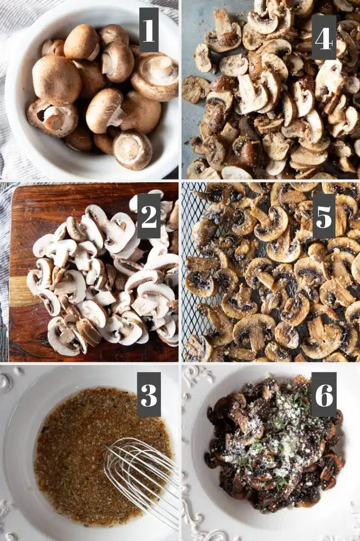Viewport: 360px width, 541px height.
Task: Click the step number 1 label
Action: click(149, 30)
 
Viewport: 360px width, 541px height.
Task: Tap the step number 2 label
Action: click(149, 216)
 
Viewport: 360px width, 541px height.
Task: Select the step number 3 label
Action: click(149, 394)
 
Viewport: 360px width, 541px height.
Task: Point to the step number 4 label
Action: click(324, 38)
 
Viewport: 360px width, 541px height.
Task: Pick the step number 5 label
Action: click(324, 216)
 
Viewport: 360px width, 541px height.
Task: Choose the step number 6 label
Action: click(324, 394)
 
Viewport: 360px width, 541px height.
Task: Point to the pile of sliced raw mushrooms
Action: click(103, 276)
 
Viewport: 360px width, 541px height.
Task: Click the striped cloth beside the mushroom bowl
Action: click(11, 104)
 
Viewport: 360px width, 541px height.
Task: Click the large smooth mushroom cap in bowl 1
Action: click(56, 80)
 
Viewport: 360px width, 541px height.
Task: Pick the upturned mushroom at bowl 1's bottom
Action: click(133, 150)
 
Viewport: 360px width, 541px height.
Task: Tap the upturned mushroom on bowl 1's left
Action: click(52, 118)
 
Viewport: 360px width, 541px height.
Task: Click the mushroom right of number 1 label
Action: click(156, 76)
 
